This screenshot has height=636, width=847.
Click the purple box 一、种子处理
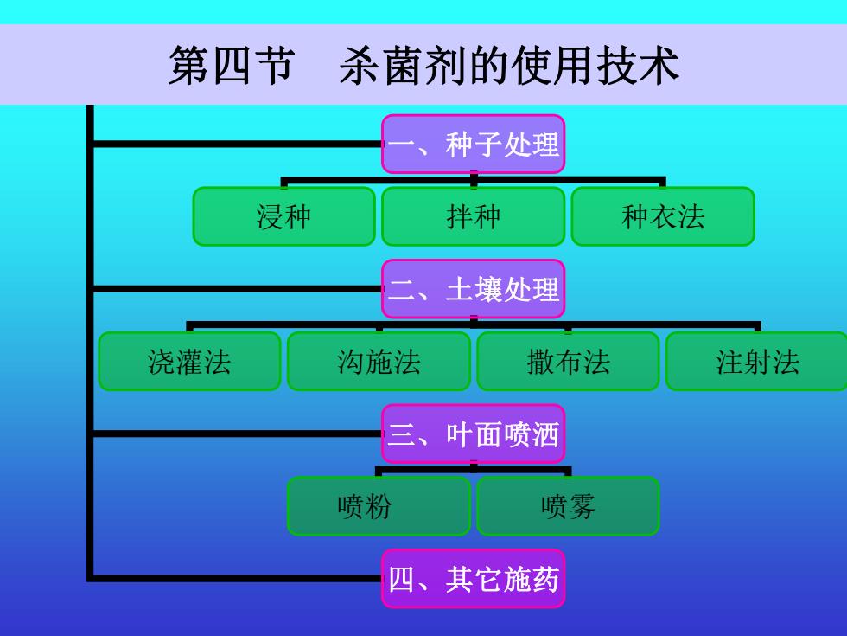tap(474, 144)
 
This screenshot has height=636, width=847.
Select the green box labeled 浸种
tap(284, 216)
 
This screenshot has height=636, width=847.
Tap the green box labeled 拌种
tap(474, 216)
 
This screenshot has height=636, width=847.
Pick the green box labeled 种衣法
tap(663, 216)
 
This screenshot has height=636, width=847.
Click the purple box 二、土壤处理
tap(474, 289)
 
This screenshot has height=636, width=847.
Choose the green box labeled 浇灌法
tap(189, 362)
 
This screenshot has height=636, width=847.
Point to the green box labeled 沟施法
tap(379, 362)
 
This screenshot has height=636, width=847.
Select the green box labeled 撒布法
tap(569, 362)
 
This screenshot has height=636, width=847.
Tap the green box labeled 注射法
tap(757, 362)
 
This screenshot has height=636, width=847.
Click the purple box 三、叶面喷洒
tap(474, 434)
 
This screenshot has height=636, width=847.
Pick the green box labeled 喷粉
tap(379, 506)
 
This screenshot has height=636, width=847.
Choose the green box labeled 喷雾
tap(569, 506)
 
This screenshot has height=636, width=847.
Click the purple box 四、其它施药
tap(474, 579)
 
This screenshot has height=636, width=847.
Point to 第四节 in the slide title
tap(232, 66)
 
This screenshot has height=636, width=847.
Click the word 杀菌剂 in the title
tap(404, 66)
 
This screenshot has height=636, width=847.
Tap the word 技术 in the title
tap(637, 66)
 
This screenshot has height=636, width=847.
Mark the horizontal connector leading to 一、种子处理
tap(238, 144)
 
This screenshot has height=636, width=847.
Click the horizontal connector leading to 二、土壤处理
tap(238, 289)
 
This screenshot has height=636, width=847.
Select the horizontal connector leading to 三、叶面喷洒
tap(238, 434)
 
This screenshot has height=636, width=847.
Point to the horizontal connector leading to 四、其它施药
tap(238, 579)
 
